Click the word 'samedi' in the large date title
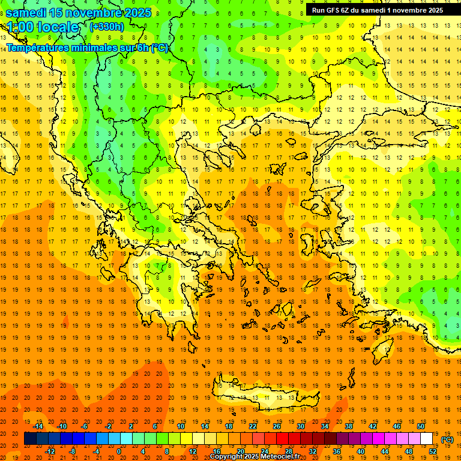[27, 12]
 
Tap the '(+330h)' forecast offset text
[107, 26]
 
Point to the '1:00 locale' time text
[43, 27]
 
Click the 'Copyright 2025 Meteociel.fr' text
[255, 457]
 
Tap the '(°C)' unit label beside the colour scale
[447, 439]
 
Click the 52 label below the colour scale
[433, 451]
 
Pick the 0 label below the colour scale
[119, 451]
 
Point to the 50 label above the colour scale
[421, 426]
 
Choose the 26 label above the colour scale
[277, 426]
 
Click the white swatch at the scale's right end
[427, 439]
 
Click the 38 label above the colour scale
[349, 426]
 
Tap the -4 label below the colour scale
[96, 451]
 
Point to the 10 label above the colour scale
[181, 426]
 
